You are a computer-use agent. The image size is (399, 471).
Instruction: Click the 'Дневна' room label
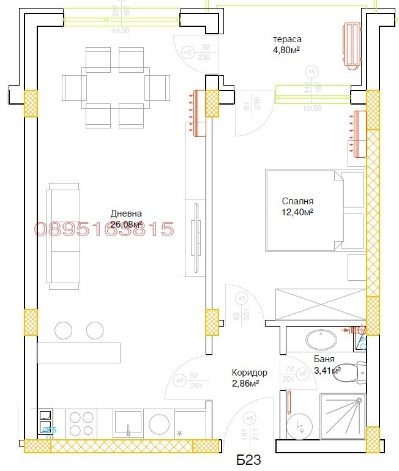[x=126, y=213]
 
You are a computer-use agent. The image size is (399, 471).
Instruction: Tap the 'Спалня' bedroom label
[x=297, y=201]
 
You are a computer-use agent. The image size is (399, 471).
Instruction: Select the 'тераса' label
[x=286, y=40]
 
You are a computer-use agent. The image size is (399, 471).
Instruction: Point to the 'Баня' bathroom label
[x=324, y=359]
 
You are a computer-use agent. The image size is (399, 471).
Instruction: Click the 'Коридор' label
[x=249, y=372]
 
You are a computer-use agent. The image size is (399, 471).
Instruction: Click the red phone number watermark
[x=104, y=229]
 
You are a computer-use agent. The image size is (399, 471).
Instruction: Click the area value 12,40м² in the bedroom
[x=297, y=212]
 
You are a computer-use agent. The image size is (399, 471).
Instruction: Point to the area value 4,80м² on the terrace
[x=286, y=51]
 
